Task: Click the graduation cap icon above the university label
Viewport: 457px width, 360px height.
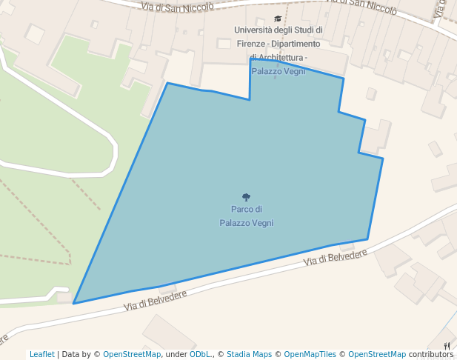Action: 278,19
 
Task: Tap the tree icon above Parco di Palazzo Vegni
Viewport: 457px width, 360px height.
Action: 247,198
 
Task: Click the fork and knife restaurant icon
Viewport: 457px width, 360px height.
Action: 447,345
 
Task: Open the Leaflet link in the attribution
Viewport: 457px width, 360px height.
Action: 41,354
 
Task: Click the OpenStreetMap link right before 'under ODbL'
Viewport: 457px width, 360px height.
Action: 132,354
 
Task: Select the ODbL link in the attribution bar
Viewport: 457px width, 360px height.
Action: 200,354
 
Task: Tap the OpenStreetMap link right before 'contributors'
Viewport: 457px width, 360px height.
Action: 377,354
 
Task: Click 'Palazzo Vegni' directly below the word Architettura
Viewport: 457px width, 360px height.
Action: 278,71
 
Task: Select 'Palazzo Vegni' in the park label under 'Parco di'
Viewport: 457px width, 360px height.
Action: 247,222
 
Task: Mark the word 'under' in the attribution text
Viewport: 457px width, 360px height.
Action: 176,354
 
